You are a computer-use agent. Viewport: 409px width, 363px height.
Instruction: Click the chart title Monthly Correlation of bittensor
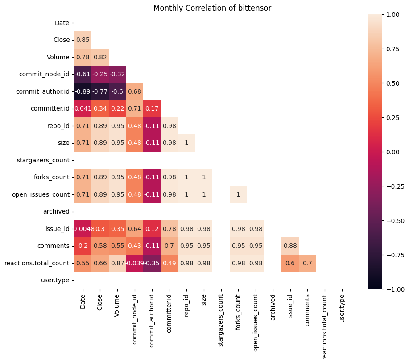coord(212,8)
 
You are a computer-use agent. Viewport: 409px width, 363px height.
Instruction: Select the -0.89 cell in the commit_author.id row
coord(83,91)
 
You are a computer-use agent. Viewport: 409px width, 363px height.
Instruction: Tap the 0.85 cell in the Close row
coord(83,40)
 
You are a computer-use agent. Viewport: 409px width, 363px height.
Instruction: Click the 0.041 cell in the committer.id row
coord(83,108)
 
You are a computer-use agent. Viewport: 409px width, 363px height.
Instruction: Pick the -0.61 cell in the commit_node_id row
coord(83,74)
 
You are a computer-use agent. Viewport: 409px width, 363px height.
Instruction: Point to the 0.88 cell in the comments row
coord(290,246)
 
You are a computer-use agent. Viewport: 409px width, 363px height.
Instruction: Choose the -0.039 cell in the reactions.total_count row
coord(135,263)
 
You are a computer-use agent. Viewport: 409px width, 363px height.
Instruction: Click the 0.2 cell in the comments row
coord(83,246)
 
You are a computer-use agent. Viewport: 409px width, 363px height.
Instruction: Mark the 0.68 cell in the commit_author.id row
coord(135,91)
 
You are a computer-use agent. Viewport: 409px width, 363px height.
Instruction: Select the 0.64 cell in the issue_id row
coord(135,229)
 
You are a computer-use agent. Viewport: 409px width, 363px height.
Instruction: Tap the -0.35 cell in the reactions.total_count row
coord(152,263)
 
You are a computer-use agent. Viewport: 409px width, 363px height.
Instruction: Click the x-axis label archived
coord(273,305)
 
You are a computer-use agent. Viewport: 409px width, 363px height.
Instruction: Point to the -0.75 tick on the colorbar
coord(395,255)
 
